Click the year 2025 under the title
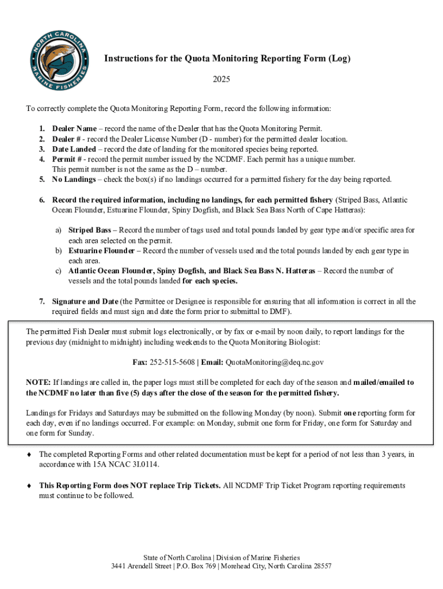[x=221, y=79]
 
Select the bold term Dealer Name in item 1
[x=74, y=129]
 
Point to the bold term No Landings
[x=74, y=179]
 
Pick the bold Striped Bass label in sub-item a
[x=90, y=230]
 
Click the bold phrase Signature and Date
[x=85, y=301]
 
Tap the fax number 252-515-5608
[x=173, y=362]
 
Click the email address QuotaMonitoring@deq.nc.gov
[x=274, y=362]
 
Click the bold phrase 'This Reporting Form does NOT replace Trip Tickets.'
[x=130, y=485]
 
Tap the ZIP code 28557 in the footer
[x=321, y=567]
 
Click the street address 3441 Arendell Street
[x=141, y=567]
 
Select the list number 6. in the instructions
[x=42, y=200]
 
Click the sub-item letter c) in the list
[x=59, y=271]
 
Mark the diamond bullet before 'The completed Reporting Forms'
[x=29, y=454]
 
